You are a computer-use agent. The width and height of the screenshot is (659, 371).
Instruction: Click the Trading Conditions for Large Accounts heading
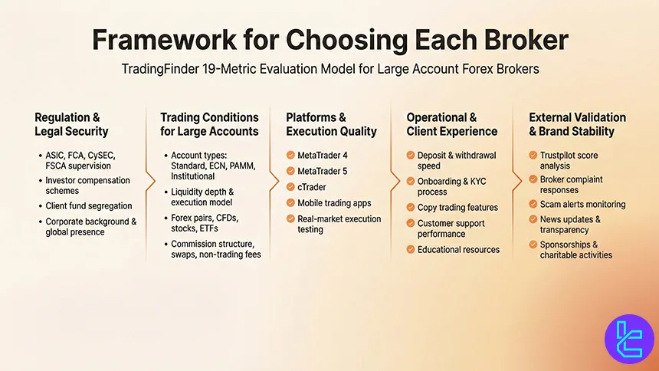click(x=209, y=123)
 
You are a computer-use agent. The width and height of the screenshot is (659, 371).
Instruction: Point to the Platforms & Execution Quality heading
click(x=331, y=123)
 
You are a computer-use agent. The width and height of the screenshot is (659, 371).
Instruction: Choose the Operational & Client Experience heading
click(x=451, y=123)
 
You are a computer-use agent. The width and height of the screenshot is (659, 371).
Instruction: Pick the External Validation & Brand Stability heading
click(x=577, y=123)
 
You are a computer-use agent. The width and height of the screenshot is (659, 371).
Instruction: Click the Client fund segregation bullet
click(x=89, y=206)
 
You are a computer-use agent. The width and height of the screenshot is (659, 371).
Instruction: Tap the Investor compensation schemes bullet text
click(x=87, y=185)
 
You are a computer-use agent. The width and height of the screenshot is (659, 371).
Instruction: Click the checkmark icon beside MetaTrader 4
click(x=290, y=156)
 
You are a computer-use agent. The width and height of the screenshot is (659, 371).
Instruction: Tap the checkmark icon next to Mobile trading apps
click(x=290, y=203)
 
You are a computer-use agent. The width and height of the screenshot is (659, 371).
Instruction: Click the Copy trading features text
click(x=457, y=208)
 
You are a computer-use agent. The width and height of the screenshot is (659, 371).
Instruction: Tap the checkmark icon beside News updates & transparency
click(x=534, y=220)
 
